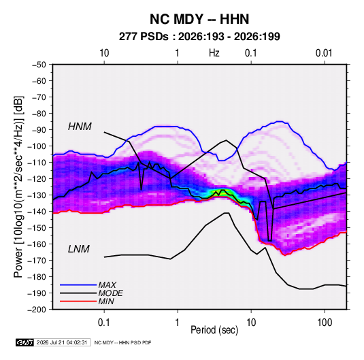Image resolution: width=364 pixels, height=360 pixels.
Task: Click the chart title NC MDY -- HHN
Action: [x=199, y=19]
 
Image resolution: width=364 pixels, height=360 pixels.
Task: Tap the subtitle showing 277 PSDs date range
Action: [x=199, y=37]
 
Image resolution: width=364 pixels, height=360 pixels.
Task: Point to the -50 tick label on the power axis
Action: [x=39, y=65]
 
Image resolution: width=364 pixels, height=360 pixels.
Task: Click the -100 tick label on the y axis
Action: [x=37, y=146]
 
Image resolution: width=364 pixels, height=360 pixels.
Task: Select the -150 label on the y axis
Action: [x=37, y=228]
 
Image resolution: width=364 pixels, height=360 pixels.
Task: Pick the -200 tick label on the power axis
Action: [x=37, y=310]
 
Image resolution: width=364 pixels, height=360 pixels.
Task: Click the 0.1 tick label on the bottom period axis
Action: [x=104, y=322]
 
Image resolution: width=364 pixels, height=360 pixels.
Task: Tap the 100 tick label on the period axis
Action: [x=325, y=322]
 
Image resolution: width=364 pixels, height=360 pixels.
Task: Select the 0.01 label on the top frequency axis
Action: [x=324, y=53]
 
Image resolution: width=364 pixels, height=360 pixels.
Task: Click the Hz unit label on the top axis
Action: [x=214, y=53]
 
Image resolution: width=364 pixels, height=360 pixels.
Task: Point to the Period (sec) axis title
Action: [x=214, y=330]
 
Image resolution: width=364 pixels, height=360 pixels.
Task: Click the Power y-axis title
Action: [x=18, y=187]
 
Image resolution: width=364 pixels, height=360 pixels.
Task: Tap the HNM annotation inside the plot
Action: [x=80, y=127]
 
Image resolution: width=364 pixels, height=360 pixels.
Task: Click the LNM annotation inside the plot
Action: [x=79, y=249]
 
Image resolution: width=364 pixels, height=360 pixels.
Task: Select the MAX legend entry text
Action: [x=107, y=285]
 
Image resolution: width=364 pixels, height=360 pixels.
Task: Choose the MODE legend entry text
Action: [x=110, y=293]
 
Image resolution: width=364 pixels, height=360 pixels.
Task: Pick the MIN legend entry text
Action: [x=106, y=301]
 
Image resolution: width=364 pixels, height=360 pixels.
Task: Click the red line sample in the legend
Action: [x=78, y=301]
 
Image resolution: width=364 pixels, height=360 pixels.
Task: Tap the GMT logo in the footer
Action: [x=25, y=342]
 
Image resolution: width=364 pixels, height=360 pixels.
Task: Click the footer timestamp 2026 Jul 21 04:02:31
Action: [x=62, y=342]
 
